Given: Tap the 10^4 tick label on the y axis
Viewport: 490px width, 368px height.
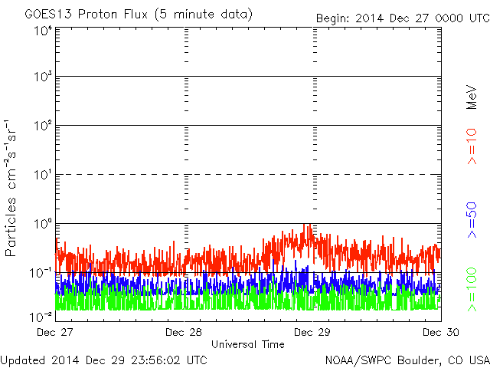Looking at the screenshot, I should (x=41, y=31).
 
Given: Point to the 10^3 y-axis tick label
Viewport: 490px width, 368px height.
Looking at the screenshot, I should (x=41, y=77).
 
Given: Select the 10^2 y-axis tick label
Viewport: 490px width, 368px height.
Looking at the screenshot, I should (x=41, y=127).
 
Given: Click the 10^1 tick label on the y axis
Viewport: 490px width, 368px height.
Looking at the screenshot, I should (x=41, y=176).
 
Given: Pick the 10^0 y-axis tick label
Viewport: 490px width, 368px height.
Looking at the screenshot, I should (x=41, y=225).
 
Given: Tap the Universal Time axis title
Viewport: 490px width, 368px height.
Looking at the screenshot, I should (x=247, y=344).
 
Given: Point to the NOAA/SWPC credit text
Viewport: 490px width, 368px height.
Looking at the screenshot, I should (x=406, y=359).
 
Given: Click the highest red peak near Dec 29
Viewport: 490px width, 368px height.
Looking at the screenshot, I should (x=306, y=225).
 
